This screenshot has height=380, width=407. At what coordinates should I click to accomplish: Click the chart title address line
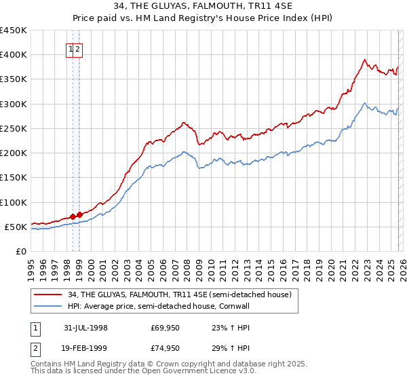coord(203,7)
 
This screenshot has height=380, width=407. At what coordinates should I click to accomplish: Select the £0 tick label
coord(21,251)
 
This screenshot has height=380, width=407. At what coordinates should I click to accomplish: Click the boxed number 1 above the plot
coord(71,49)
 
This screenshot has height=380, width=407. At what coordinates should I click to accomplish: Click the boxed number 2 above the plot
coord(78,49)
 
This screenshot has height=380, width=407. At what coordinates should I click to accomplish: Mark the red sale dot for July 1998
coord(73,216)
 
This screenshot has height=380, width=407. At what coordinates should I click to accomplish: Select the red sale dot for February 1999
coord(79,214)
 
